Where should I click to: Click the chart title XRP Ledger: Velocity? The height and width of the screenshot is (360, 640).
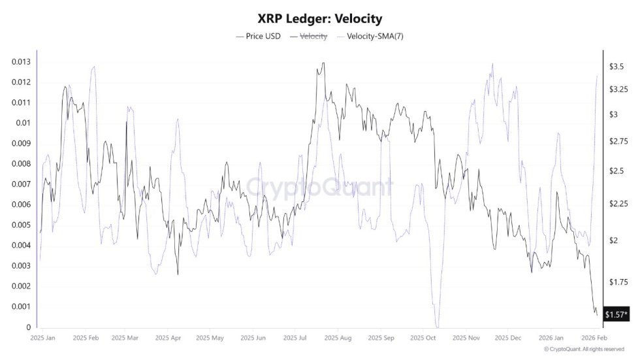tap(320, 18)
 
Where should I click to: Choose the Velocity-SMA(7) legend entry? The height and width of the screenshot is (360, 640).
tap(370, 37)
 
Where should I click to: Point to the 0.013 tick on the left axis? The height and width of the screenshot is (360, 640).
tap(21, 61)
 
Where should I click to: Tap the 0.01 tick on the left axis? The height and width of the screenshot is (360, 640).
tap(24, 123)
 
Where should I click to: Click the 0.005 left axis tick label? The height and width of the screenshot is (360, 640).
tap(21, 225)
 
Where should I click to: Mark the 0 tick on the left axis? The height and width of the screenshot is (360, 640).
tap(28, 327)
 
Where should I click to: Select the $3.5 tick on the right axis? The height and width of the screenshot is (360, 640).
tap(618, 67)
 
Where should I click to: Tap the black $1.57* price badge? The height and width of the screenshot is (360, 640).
tap(616, 315)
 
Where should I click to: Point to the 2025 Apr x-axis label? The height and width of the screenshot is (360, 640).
tap(167, 338)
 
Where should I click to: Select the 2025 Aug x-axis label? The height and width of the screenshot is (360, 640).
tap(338, 338)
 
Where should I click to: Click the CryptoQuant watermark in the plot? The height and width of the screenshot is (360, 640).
tap(320, 188)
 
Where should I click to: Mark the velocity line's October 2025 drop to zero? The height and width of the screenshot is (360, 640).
tap(438, 326)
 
